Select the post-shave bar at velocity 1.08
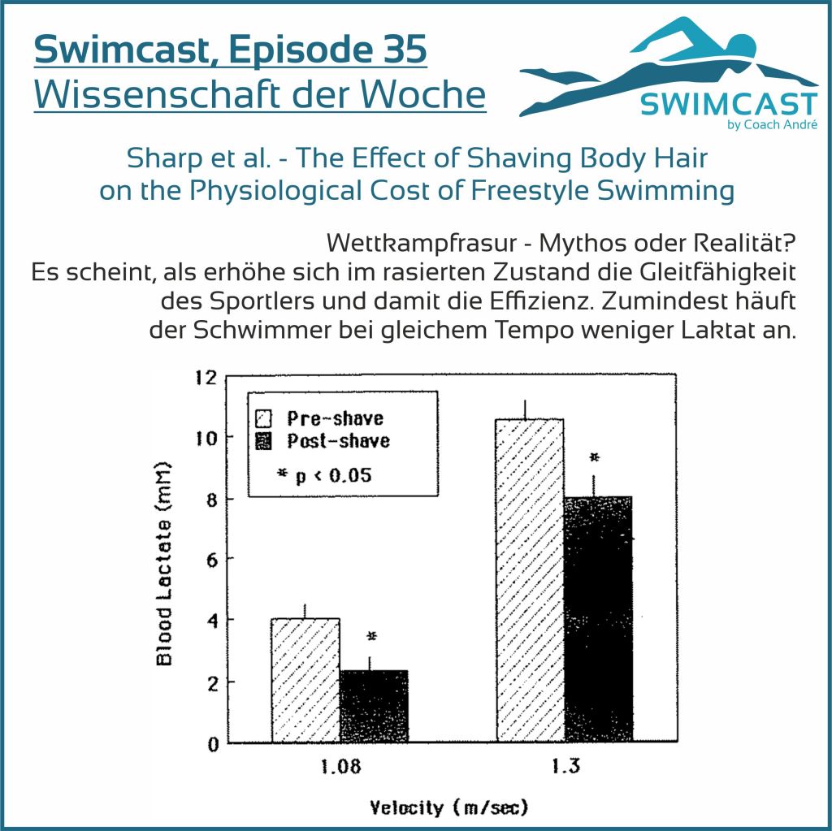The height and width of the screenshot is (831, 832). click(x=374, y=707)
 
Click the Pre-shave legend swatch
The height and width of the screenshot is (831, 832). click(x=262, y=419)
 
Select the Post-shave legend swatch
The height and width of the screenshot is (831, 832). click(x=262, y=441)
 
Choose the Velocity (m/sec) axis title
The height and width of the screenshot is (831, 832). click(x=449, y=807)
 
